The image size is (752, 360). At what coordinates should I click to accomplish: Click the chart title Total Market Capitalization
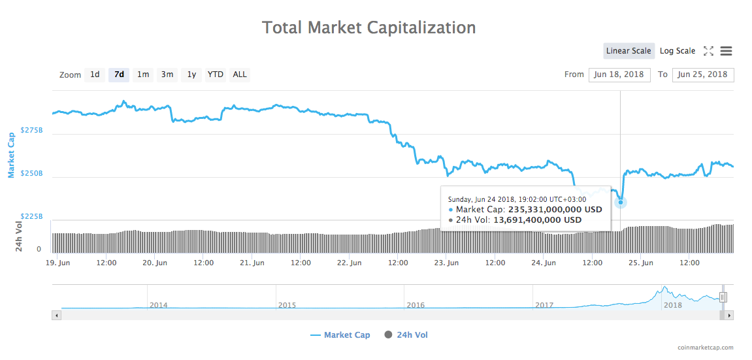(368, 27)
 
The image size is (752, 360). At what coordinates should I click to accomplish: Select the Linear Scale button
(628, 51)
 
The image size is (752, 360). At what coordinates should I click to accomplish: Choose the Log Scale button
(677, 51)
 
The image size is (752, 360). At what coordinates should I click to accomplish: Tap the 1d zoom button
(95, 74)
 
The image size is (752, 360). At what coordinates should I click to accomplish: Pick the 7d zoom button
(119, 74)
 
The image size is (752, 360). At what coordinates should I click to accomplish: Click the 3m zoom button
(167, 74)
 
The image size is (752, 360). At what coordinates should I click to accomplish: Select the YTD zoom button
(216, 74)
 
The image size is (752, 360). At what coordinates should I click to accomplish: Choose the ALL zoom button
(240, 74)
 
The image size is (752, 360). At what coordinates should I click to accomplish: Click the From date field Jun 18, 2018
(618, 74)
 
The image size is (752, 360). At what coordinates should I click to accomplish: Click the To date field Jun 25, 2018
(702, 74)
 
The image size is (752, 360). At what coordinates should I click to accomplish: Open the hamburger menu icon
(726, 51)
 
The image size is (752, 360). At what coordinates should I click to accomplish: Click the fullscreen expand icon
(708, 51)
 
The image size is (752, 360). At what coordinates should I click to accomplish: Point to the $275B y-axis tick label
(32, 131)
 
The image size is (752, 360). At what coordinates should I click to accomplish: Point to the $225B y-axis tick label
(32, 216)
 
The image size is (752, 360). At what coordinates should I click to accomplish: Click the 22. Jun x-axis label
(350, 263)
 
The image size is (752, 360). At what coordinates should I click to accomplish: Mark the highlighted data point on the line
(621, 202)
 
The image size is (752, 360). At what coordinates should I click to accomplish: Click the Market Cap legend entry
(340, 335)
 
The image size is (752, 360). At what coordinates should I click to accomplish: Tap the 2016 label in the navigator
(416, 305)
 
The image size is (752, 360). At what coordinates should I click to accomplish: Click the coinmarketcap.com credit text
(706, 348)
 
